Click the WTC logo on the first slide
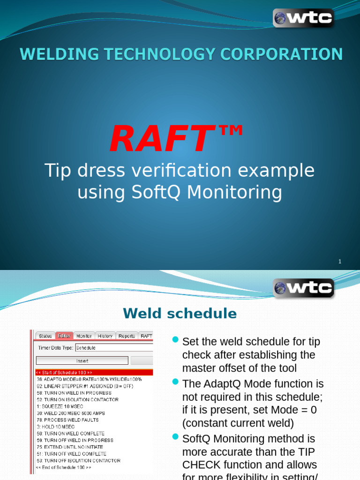[x=303, y=18]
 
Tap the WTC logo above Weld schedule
[x=303, y=288]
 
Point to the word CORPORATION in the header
[x=292, y=54]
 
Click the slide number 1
[x=340, y=262]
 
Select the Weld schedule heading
[x=180, y=313]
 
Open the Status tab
[x=45, y=336]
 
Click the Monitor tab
[x=84, y=336]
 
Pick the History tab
[x=105, y=336]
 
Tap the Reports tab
[x=127, y=336]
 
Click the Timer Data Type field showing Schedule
[x=114, y=348]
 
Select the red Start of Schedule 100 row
[x=94, y=373]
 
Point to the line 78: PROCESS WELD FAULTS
[x=67, y=420]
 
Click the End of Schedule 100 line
[x=64, y=467]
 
